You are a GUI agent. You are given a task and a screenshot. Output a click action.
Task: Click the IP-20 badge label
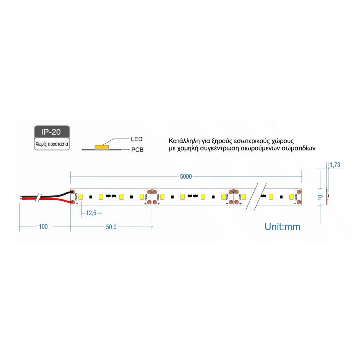coord(51,132)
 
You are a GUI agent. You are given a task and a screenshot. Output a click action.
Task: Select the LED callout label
coord(136,139)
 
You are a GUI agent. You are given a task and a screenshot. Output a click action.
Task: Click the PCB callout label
coord(137,149)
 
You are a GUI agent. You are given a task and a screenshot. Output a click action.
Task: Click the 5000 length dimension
coord(186,176)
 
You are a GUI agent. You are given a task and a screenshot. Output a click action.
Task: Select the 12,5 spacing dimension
coord(91,213)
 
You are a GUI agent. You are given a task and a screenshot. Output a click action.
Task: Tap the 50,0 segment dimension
coord(111,227)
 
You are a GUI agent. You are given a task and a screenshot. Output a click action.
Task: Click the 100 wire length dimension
coord(43,227)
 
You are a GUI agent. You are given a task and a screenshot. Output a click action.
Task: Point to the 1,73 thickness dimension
coord(335,165)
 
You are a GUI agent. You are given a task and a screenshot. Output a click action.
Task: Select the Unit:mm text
coord(282,226)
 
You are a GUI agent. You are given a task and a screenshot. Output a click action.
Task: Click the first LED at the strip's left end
coord(81,197)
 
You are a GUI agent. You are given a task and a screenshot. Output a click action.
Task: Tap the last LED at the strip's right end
coord(291,197)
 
